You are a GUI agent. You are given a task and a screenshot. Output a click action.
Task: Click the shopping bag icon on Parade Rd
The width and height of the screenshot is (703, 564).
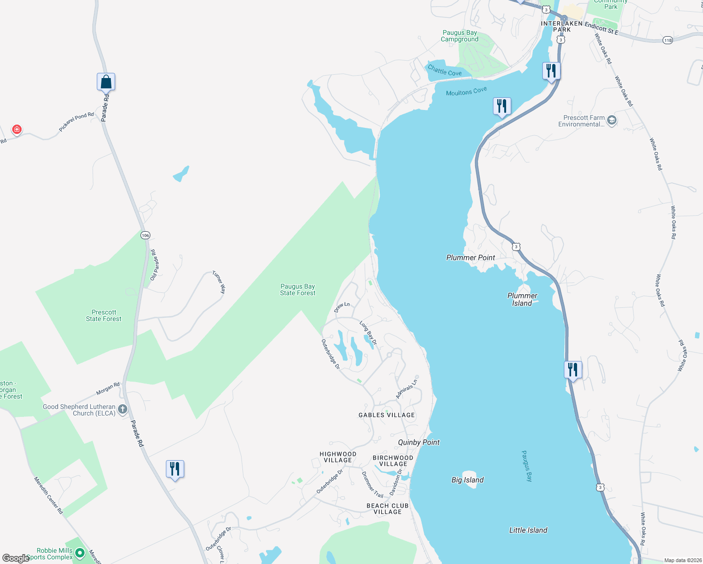click(106, 82)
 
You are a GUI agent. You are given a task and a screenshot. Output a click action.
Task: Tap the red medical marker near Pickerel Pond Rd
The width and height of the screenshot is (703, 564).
click(17, 129)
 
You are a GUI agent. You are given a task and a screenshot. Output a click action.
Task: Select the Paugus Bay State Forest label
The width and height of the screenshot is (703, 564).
click(297, 290)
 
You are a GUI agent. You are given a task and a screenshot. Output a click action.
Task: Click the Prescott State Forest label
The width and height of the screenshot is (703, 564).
click(103, 315)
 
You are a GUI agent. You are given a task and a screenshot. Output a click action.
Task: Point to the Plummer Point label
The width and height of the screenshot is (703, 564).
click(470, 258)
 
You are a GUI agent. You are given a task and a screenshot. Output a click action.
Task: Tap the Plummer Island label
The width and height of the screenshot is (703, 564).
click(522, 299)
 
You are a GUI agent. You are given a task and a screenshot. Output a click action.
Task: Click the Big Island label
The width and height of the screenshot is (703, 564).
click(467, 480)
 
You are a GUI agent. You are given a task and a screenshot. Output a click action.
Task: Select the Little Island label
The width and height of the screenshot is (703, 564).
click(528, 530)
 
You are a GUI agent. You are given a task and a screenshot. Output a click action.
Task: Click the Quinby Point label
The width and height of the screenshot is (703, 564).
click(419, 442)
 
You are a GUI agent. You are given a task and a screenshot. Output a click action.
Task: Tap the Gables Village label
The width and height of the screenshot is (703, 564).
click(387, 415)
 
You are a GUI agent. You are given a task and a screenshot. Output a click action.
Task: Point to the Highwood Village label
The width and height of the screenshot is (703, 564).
click(338, 457)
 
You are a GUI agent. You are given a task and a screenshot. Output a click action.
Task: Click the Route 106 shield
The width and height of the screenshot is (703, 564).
click(145, 235)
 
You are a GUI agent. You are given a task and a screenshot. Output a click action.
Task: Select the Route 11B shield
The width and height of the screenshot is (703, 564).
click(668, 40)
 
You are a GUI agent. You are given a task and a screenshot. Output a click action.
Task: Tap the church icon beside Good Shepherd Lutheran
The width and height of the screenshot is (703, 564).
click(123, 409)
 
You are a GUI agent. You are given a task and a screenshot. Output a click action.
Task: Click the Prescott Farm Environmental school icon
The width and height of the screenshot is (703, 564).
click(611, 120)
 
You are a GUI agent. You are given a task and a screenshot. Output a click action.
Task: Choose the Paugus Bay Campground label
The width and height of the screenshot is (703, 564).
click(460, 36)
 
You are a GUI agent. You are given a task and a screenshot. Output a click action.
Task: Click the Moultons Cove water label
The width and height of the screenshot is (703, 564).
click(466, 91)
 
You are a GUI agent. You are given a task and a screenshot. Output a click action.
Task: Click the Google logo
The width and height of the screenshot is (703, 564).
click(16, 558)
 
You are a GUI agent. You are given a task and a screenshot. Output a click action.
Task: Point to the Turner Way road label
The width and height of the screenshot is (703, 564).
click(219, 282)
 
